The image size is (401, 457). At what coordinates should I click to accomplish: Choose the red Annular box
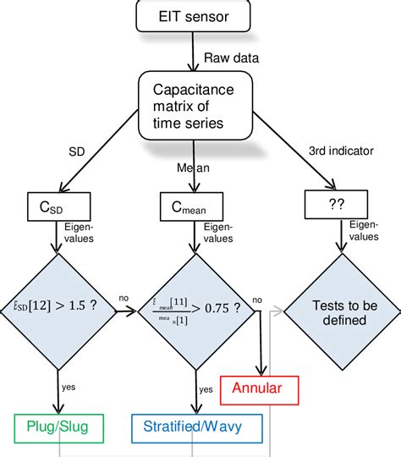(x=262, y=390)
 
